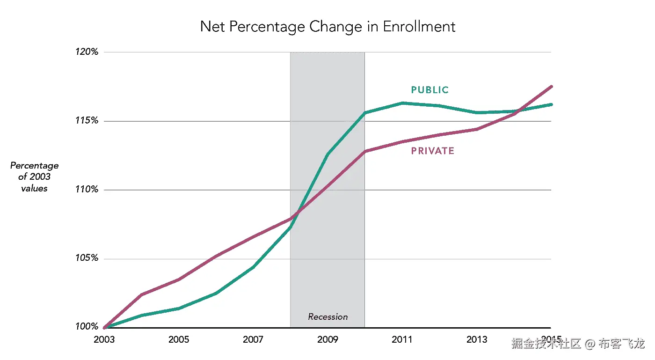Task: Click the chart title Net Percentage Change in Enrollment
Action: pyautogui.click(x=327, y=26)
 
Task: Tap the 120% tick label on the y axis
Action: pyautogui.click(x=87, y=52)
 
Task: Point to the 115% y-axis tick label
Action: pyautogui.click(x=87, y=121)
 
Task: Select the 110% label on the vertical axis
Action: pyautogui.click(x=87, y=190)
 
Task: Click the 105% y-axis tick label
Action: pyautogui.click(x=87, y=258)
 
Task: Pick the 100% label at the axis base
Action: pyautogui.click(x=87, y=327)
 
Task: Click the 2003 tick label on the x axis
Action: pyautogui.click(x=104, y=339)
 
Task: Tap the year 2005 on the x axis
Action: pyautogui.click(x=178, y=339)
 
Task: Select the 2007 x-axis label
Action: pyautogui.click(x=253, y=339)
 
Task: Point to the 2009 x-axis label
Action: pyautogui.click(x=327, y=339)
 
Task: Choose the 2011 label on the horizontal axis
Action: pyautogui.click(x=402, y=339)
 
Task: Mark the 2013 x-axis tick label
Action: pyautogui.click(x=476, y=339)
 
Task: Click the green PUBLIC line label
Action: pyautogui.click(x=429, y=90)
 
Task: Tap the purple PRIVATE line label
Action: pyautogui.click(x=433, y=151)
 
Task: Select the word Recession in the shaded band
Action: pyautogui.click(x=327, y=317)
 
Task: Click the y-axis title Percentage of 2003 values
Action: pyautogui.click(x=34, y=177)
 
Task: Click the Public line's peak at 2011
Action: pyautogui.click(x=402, y=103)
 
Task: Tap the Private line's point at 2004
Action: pyautogui.click(x=141, y=294)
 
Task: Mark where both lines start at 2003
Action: pyautogui.click(x=104, y=328)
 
